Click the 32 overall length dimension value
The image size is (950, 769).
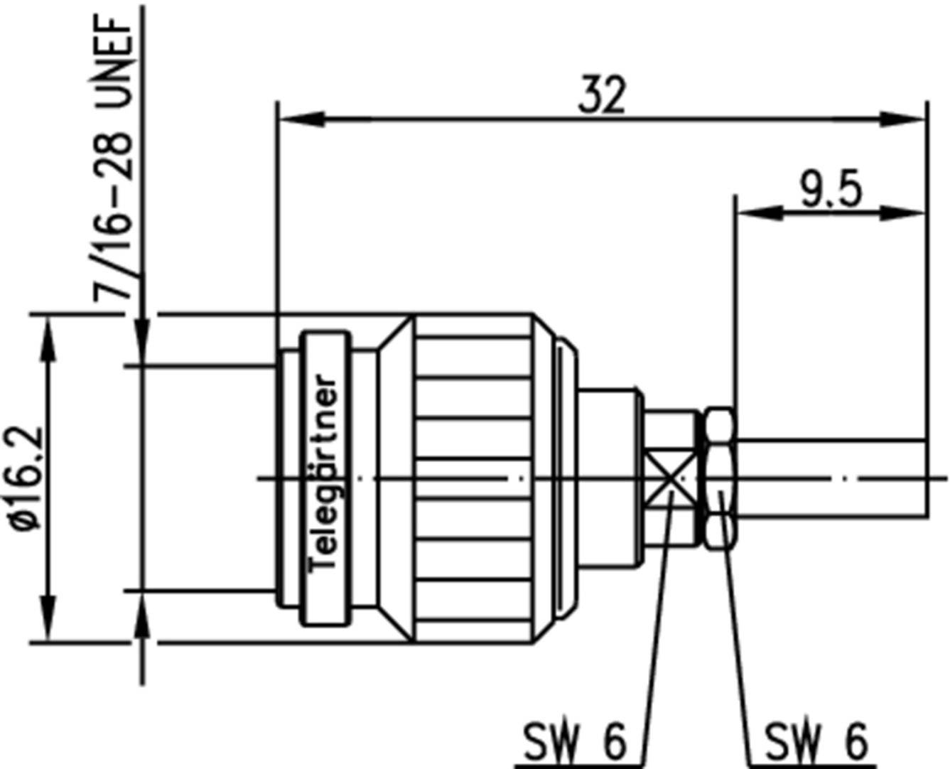point(602,97)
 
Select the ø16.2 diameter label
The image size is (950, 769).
point(24,478)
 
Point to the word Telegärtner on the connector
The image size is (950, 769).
point(326,473)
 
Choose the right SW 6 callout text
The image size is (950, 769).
point(816,741)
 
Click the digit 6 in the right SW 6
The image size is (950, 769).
point(856,741)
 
